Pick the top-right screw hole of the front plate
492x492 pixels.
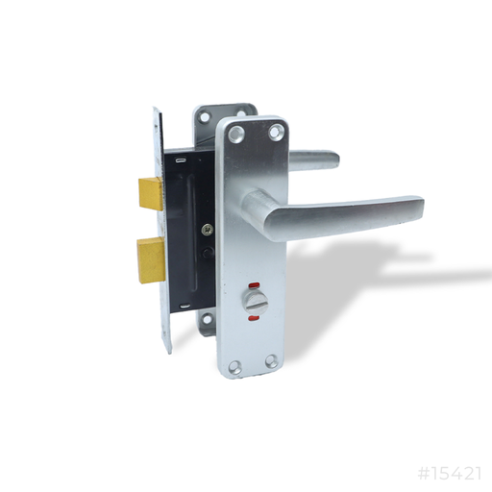(277, 129)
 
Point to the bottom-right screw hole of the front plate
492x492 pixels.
(272, 361)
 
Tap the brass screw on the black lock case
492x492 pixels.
(206, 229)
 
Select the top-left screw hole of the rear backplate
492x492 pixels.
(203, 117)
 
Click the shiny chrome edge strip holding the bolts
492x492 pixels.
(161, 231)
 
